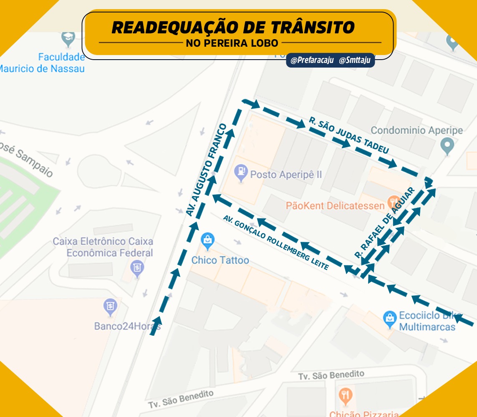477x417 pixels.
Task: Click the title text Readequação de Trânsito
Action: [233, 28]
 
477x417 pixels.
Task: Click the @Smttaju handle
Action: [354, 60]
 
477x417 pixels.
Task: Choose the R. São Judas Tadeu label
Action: [349, 135]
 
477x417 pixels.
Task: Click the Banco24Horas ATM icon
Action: [111, 307]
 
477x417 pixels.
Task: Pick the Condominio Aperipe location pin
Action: [447, 146]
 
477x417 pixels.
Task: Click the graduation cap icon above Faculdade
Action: [68, 38]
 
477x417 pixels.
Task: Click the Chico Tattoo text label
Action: [220, 260]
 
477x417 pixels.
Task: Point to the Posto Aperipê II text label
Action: [286, 174]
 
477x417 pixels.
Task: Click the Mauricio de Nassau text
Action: [42, 68]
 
